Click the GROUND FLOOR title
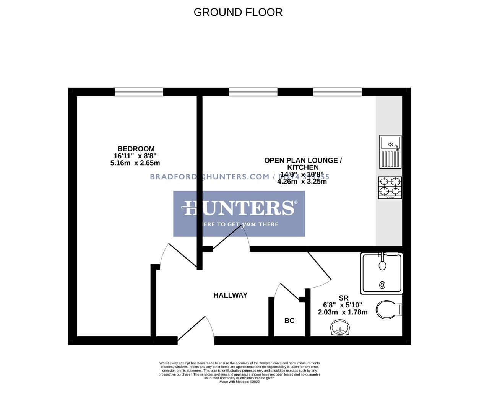click(238, 12)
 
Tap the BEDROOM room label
click(136, 149)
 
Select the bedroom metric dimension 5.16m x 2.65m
click(135, 163)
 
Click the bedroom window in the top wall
click(139, 92)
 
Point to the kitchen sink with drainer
click(390, 151)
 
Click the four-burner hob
click(390, 187)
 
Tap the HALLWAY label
click(230, 295)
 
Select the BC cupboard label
click(289, 320)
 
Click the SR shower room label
click(344, 298)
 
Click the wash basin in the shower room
click(340, 328)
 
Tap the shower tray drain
click(382, 285)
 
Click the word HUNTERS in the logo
click(239, 208)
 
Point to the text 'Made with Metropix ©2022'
click(239, 382)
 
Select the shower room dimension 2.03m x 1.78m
click(343, 312)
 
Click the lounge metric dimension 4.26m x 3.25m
click(302, 182)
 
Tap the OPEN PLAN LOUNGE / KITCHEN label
click(303, 164)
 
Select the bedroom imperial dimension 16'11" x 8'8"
click(135, 156)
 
